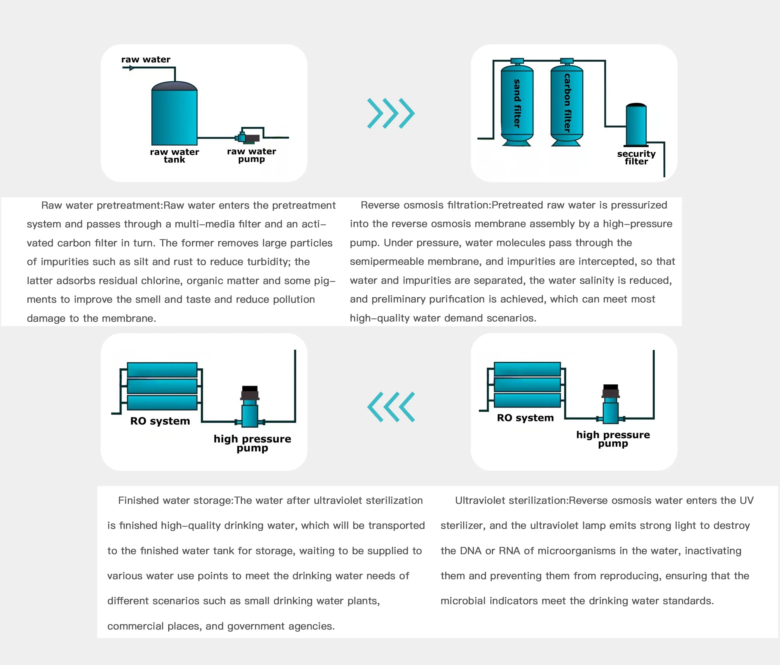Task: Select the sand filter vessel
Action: pyautogui.click(x=517, y=104)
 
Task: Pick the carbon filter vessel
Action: pyautogui.click(x=567, y=104)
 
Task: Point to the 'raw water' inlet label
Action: pyautogui.click(x=146, y=59)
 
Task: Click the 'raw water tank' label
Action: pyautogui.click(x=174, y=156)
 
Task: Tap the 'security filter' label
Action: pyautogui.click(x=636, y=157)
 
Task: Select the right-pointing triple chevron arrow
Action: pyautogui.click(x=391, y=113)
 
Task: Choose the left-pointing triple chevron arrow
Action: pyautogui.click(x=391, y=407)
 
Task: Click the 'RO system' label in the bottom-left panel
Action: pyautogui.click(x=160, y=421)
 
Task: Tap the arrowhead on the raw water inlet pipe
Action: pyautogui.click(x=131, y=68)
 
